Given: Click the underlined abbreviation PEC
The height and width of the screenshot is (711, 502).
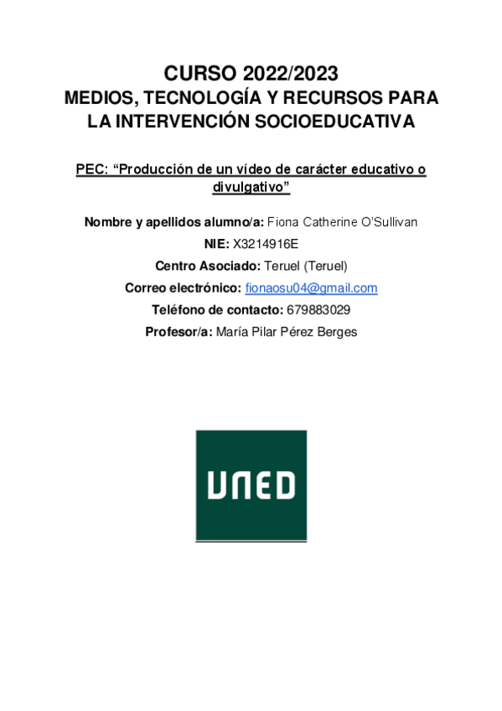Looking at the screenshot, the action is tap(91, 169).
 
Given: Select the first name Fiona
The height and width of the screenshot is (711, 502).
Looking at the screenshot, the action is tap(283, 221).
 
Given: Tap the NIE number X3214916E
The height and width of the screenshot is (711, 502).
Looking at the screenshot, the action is tap(266, 244).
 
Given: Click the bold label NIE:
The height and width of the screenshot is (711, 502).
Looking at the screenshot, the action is tap(216, 244).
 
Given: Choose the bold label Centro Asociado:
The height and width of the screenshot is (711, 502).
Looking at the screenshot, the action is tap(207, 266).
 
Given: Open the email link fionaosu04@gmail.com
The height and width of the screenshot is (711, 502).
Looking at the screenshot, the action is tap(311, 288).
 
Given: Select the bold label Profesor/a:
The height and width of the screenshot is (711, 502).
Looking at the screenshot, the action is tap(179, 331).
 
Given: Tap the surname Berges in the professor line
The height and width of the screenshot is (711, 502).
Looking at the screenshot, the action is tap(338, 331).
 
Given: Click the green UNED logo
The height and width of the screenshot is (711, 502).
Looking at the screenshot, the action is tap(251, 485).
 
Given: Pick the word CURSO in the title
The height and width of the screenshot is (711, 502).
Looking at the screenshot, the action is tap(197, 72).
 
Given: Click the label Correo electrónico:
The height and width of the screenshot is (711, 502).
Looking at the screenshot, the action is tap(183, 288).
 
